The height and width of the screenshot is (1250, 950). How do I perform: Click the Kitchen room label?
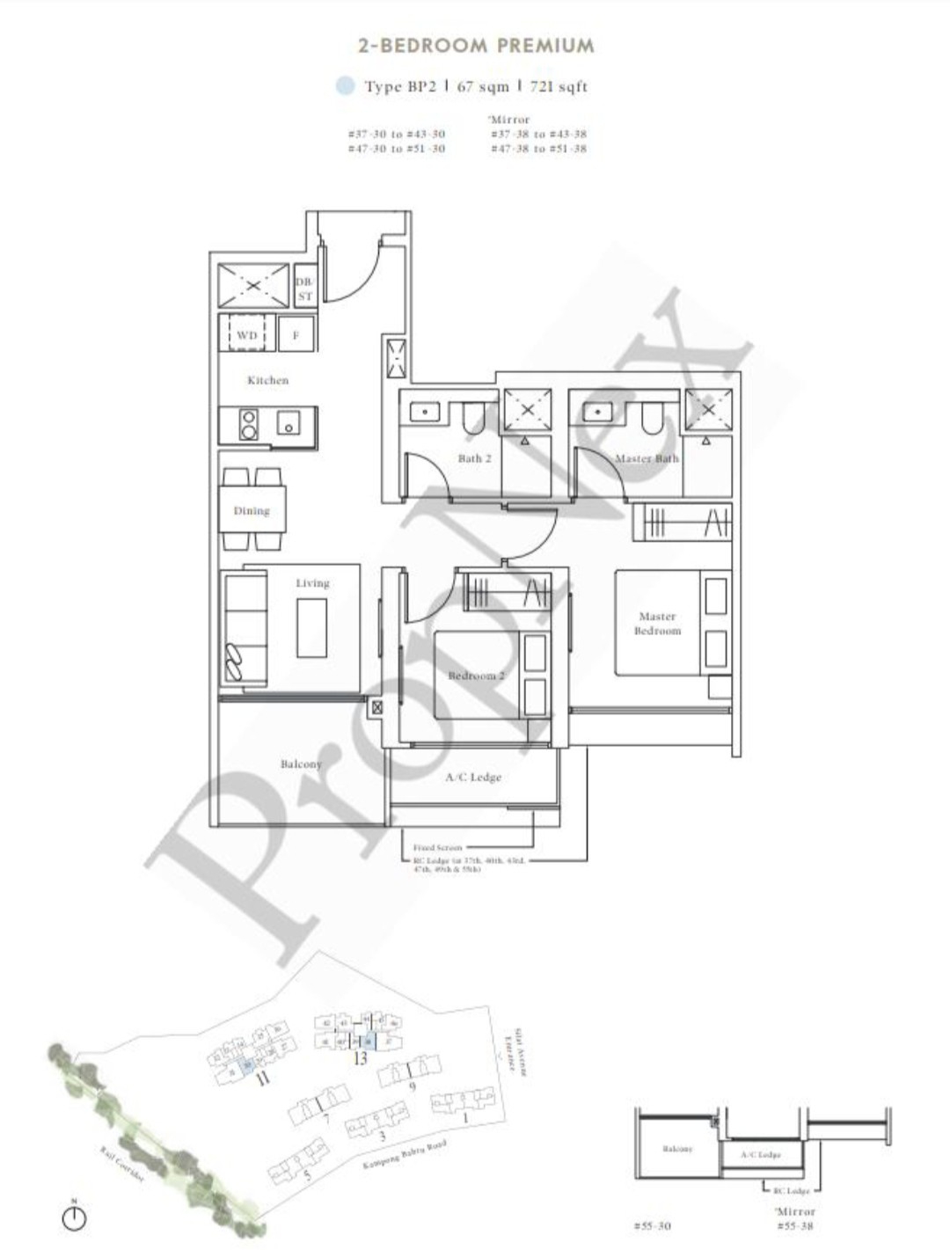[267, 380]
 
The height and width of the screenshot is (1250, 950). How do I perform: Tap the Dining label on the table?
[252, 510]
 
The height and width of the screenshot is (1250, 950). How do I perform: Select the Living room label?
[312, 582]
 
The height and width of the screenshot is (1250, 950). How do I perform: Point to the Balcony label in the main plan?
[301, 764]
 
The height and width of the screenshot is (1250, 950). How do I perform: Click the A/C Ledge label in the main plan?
[473, 777]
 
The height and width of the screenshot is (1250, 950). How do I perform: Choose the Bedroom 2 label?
[476, 676]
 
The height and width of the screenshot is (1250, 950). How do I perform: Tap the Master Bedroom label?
[657, 624]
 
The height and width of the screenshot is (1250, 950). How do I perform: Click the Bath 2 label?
[474, 457]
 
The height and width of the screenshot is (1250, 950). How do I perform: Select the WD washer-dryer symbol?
[247, 335]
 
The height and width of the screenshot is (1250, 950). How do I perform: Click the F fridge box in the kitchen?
[296, 335]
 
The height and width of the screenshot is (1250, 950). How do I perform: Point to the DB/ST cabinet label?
[304, 289]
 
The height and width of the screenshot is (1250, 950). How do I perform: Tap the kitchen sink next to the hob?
[289, 424]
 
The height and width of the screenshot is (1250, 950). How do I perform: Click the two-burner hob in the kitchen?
[248, 425]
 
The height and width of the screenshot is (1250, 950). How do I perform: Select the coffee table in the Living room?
[312, 627]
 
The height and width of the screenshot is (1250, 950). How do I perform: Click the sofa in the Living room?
[243, 627]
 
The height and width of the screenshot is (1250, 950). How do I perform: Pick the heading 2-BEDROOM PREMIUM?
[476, 46]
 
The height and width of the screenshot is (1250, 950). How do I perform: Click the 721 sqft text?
[559, 86]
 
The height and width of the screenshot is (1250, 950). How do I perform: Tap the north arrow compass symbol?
[75, 1217]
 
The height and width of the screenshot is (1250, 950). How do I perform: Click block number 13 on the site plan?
[360, 1059]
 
